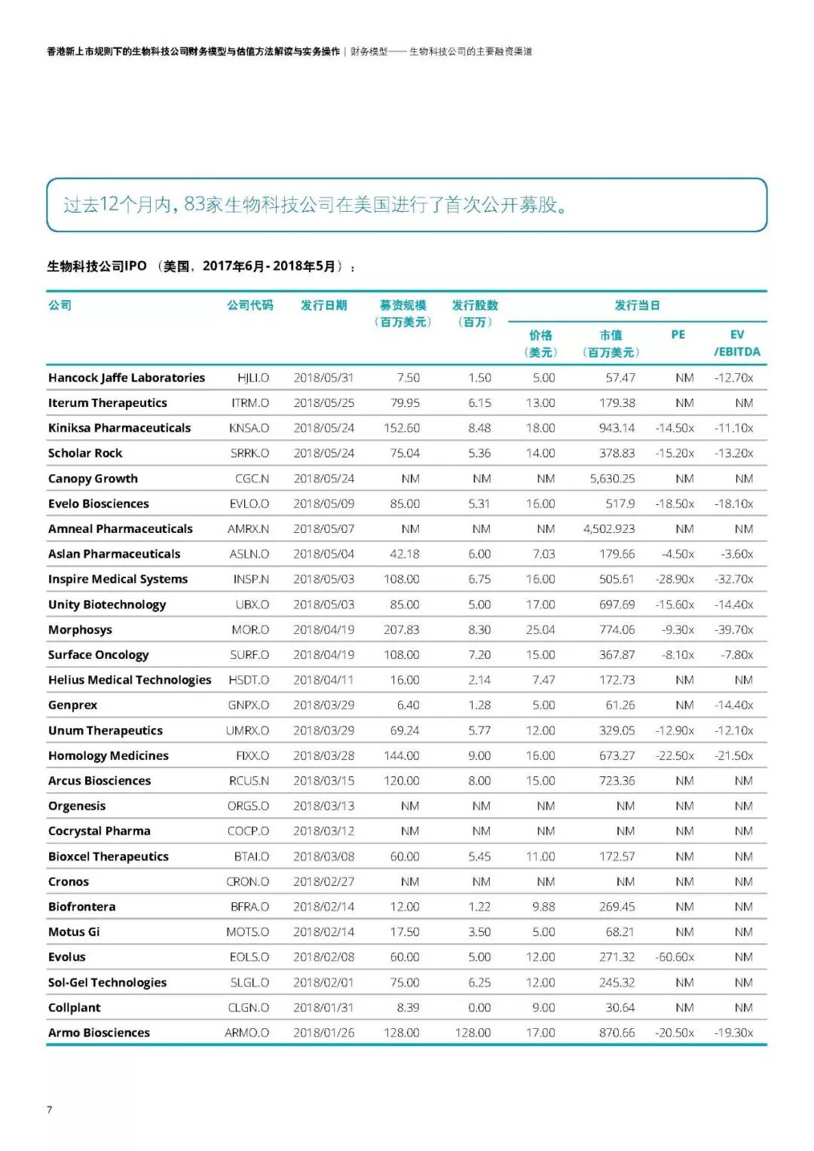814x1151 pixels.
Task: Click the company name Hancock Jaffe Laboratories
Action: (x=127, y=378)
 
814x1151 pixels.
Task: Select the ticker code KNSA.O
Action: (x=249, y=428)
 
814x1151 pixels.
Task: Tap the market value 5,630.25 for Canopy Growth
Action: (x=612, y=479)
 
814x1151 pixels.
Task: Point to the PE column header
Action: (x=678, y=335)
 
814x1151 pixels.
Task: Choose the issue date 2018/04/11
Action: (x=323, y=680)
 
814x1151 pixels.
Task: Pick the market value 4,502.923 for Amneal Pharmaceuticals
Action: (x=609, y=529)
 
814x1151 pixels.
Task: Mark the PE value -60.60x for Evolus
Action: (x=675, y=957)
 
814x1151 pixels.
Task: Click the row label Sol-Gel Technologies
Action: (x=107, y=983)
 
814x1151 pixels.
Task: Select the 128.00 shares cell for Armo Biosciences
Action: (x=473, y=1033)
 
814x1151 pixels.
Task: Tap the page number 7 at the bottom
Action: (x=50, y=1110)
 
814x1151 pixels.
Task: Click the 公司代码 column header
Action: (x=250, y=305)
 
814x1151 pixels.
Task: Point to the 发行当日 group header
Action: (x=637, y=305)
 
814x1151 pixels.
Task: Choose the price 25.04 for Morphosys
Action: (x=540, y=630)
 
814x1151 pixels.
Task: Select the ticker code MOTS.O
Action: (x=247, y=932)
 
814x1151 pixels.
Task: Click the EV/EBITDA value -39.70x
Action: (x=733, y=630)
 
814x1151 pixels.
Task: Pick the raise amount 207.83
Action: (x=402, y=630)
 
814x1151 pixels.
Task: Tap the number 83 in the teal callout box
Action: (x=194, y=204)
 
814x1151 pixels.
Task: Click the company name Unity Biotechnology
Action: (x=107, y=605)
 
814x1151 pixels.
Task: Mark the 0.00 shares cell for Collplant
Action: (x=479, y=1008)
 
